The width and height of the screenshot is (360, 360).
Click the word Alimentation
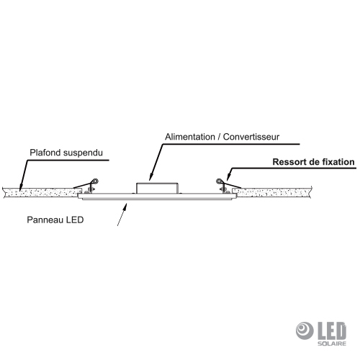coord(190,137)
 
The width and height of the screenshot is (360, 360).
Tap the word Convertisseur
coord(251,137)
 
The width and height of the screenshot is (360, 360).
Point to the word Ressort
coord(290,162)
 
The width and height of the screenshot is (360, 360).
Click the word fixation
coord(338,162)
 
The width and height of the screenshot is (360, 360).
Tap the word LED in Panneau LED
coord(75,220)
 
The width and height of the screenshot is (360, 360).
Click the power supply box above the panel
coord(157,188)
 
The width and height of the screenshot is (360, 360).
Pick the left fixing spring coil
coord(95,181)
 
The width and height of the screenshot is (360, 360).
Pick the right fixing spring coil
coord(219,181)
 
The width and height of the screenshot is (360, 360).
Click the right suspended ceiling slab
coord(272,193)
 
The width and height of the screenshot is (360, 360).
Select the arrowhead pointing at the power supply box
coord(150,176)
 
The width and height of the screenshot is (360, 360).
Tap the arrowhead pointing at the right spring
coord(228,176)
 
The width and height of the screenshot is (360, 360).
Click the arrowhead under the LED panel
coord(125,206)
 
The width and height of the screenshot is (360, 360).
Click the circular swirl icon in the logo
coord(305,330)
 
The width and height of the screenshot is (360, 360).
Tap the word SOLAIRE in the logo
coord(332,343)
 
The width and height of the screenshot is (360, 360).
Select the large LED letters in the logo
coord(332,331)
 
